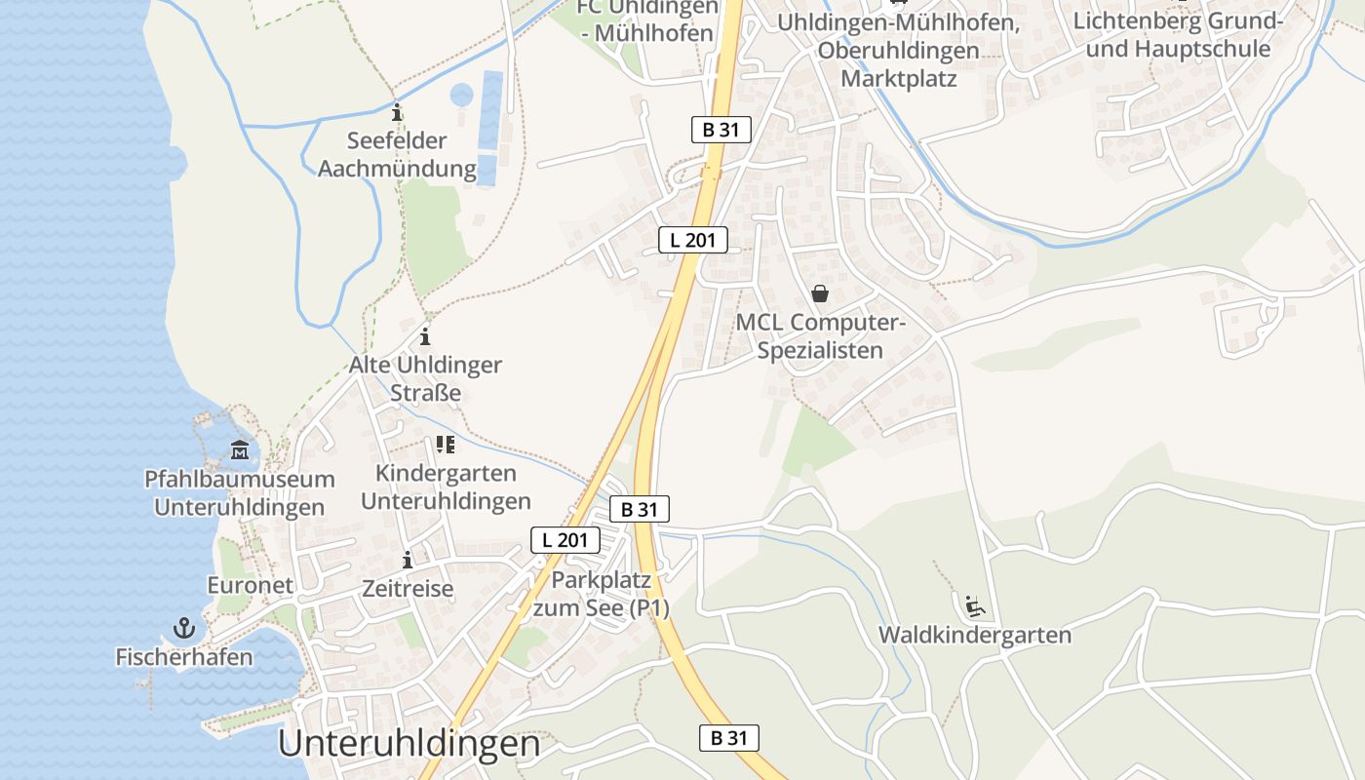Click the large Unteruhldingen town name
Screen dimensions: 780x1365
[x=409, y=744]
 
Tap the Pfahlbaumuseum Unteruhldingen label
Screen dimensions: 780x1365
[x=240, y=493]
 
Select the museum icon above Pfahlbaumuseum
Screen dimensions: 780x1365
[x=240, y=450]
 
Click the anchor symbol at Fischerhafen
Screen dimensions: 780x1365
[x=183, y=627]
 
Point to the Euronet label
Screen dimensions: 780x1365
[x=250, y=585]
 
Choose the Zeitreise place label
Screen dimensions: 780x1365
[x=408, y=589]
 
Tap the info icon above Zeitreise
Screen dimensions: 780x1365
[x=408, y=561]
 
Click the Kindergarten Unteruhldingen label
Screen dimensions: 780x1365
[x=446, y=487]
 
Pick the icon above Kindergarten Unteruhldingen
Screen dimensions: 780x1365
[x=446, y=446]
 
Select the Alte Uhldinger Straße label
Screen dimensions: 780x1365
[x=425, y=379]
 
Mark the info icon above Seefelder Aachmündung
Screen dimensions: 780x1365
[x=397, y=112]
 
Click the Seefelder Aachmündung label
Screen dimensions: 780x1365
[x=397, y=155]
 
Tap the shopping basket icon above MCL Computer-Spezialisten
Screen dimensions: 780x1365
[x=820, y=293]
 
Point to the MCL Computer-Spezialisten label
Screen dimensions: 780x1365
[x=820, y=336]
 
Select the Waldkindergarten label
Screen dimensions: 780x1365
[x=974, y=636]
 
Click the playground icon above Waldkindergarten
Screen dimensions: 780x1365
[x=974, y=606]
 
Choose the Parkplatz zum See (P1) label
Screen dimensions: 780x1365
[x=601, y=594]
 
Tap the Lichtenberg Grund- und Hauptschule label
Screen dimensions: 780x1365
[x=1178, y=35]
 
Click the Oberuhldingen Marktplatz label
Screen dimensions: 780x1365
[x=898, y=51]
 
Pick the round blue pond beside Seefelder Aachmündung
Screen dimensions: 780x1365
[x=461, y=96]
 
